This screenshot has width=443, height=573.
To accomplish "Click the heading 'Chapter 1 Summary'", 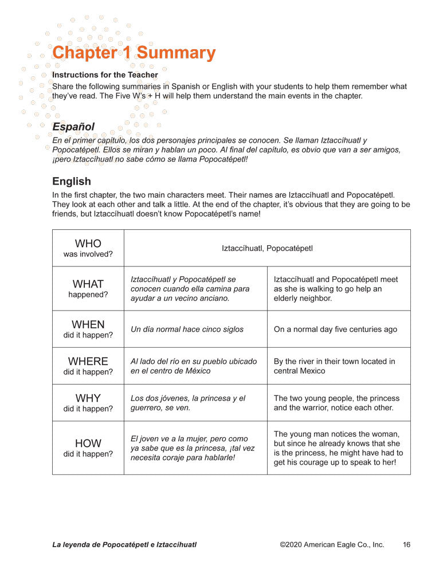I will [134, 53].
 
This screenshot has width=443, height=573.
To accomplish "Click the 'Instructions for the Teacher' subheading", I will [105, 74].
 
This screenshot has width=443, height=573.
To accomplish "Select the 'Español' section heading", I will [73, 126].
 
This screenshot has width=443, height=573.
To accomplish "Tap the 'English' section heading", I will [72, 181].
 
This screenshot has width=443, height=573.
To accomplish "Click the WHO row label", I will [88, 248].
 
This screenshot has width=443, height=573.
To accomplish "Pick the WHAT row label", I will [88, 288].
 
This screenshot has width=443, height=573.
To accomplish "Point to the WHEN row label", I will [88, 329].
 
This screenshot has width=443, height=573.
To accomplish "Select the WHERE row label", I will [88, 366].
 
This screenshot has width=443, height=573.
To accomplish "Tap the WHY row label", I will [88, 402].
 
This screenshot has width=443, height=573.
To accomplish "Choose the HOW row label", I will [88, 448].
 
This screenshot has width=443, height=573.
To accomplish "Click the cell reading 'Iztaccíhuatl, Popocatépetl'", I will [267, 248].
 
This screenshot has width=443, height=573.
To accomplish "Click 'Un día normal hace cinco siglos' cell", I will [187, 329].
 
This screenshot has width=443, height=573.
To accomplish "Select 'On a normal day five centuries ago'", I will [335, 329].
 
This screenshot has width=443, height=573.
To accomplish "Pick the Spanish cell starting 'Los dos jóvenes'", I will [188, 403].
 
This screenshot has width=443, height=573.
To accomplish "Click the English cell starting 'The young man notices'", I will [338, 448].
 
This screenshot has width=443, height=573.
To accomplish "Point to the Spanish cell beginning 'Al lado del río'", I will [194, 366].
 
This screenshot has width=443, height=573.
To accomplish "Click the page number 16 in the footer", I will [406, 545].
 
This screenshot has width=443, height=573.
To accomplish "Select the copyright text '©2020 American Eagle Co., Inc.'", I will [332, 545].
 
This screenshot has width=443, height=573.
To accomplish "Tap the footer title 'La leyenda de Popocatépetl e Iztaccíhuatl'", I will [124, 545].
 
